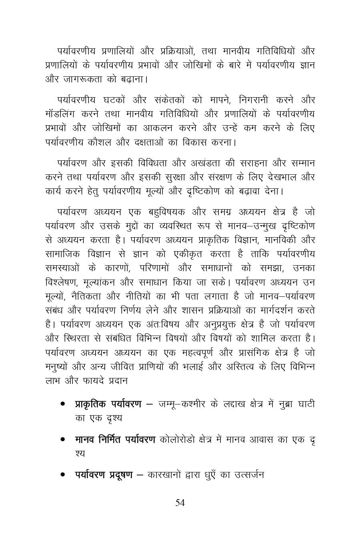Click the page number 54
click(x=180, y=503)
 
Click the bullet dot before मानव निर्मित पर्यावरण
click(x=63, y=440)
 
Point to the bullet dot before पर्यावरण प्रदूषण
click(x=63, y=476)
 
